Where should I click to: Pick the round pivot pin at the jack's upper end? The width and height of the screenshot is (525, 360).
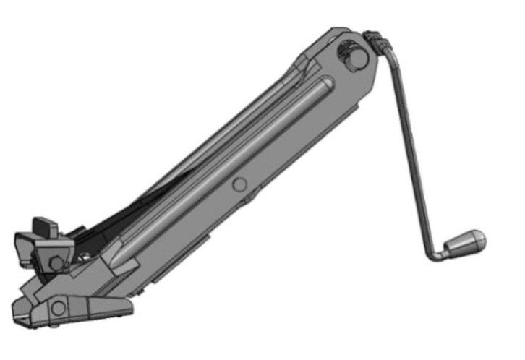pyautogui.click(x=352, y=56)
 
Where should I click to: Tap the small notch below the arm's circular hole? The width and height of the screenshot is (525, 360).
pyautogui.click(x=249, y=196)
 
